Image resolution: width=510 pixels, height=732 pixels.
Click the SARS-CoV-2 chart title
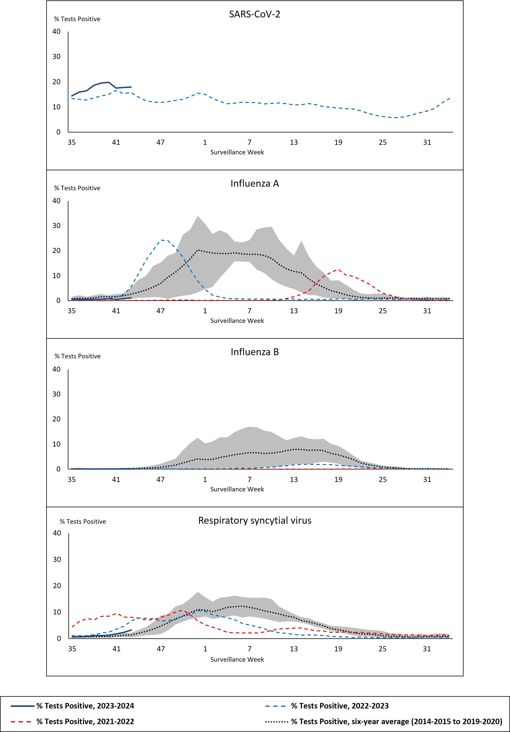254,14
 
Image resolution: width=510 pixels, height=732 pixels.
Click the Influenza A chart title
254,183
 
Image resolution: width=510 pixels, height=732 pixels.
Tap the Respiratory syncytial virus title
254,521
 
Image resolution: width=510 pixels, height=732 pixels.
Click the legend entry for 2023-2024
85,706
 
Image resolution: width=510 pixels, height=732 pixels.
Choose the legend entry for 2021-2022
85,721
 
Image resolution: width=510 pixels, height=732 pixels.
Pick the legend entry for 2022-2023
340,706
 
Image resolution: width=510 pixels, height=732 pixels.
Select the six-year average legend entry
396,721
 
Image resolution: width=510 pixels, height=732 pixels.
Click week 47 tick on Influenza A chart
160,311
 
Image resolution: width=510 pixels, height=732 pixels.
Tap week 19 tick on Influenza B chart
338,479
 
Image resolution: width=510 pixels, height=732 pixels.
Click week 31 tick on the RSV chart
427,649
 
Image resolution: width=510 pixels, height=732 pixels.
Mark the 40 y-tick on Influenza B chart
56,369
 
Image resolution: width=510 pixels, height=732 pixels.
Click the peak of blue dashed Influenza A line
163,240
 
